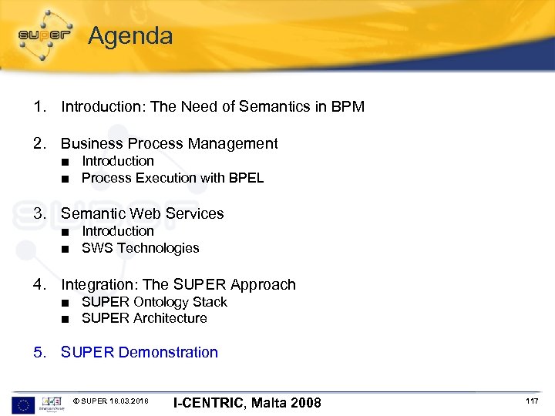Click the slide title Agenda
pyautogui.click(x=130, y=35)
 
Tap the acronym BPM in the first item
pyautogui.click(x=347, y=106)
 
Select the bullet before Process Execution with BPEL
pyautogui.click(x=68, y=179)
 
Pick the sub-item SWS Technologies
pyautogui.click(x=140, y=248)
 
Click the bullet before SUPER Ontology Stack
pyautogui.click(x=68, y=303)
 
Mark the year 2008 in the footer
pyautogui.click(x=304, y=402)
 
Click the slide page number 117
pyautogui.click(x=532, y=401)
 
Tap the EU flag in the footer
pyautogui.click(x=23, y=404)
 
